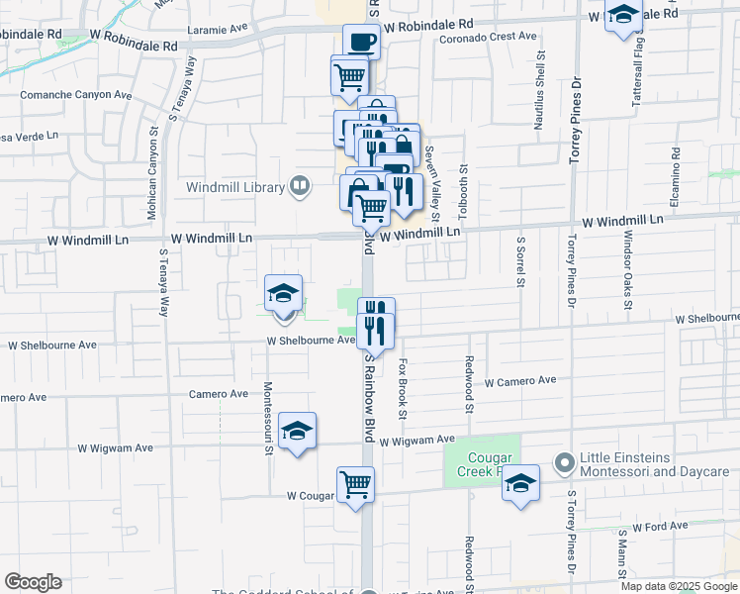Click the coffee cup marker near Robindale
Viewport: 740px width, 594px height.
(x=361, y=43)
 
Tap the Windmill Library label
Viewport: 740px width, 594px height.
(x=233, y=186)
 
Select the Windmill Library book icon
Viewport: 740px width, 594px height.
(x=298, y=185)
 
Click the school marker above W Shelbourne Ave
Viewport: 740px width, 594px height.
(x=284, y=294)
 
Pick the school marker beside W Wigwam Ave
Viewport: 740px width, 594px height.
(x=297, y=432)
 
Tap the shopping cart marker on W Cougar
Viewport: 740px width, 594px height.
(x=356, y=485)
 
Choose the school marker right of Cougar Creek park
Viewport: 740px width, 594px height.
(x=520, y=484)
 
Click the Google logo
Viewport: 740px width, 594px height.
(x=33, y=582)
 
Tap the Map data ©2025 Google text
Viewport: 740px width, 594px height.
(x=678, y=586)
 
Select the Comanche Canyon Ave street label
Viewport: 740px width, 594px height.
(x=77, y=96)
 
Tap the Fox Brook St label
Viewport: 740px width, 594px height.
(x=403, y=389)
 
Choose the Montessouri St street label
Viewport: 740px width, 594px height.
(x=268, y=419)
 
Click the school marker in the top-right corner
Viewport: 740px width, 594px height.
(x=623, y=17)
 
